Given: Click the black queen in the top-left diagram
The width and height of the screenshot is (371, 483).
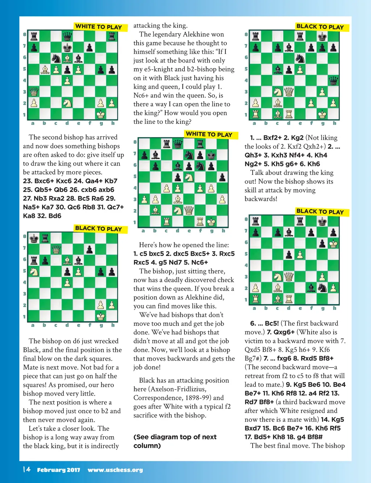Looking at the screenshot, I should point(67,36).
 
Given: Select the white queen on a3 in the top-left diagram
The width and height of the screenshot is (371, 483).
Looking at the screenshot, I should point(34,92).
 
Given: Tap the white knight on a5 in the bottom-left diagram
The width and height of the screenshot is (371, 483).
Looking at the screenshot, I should point(34,271).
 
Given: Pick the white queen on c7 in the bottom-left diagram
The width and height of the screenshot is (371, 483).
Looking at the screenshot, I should point(56,249).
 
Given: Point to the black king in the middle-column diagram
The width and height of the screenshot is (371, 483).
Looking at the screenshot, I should point(211,155).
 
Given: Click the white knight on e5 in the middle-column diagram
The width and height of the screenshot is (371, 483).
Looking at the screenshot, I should point(188,177).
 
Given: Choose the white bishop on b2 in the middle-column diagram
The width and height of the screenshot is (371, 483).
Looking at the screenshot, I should point(155,210).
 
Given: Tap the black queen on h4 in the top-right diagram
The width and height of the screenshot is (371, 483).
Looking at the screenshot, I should point(333,80).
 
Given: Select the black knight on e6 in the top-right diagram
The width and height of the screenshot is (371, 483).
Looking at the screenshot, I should point(300,58).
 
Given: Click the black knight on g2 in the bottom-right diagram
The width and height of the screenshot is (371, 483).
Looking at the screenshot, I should point(322,288).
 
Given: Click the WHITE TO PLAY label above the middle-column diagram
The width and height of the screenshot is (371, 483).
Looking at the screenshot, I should point(209,134).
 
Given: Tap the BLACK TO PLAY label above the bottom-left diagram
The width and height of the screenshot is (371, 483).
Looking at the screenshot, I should point(99,228).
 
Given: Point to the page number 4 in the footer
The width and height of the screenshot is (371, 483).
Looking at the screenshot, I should point(28,470).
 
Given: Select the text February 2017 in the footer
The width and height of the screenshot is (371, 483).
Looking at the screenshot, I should point(58,470).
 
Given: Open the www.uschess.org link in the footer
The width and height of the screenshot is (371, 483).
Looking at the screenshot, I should point(115,470).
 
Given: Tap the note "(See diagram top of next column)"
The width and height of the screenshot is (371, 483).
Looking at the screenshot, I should point(175,441).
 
